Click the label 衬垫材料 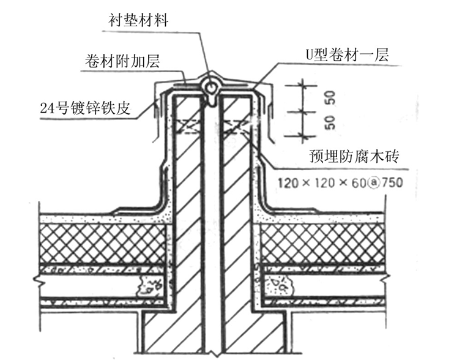138,21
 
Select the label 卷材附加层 122,61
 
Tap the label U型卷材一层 347,54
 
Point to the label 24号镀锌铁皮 85,108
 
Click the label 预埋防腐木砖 354,156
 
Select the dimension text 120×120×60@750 340,183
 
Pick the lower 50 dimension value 330,122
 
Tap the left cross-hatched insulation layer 103,244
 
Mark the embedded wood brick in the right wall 236,127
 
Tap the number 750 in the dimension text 392,183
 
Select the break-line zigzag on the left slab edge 37,280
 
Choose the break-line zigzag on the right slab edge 387,280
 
